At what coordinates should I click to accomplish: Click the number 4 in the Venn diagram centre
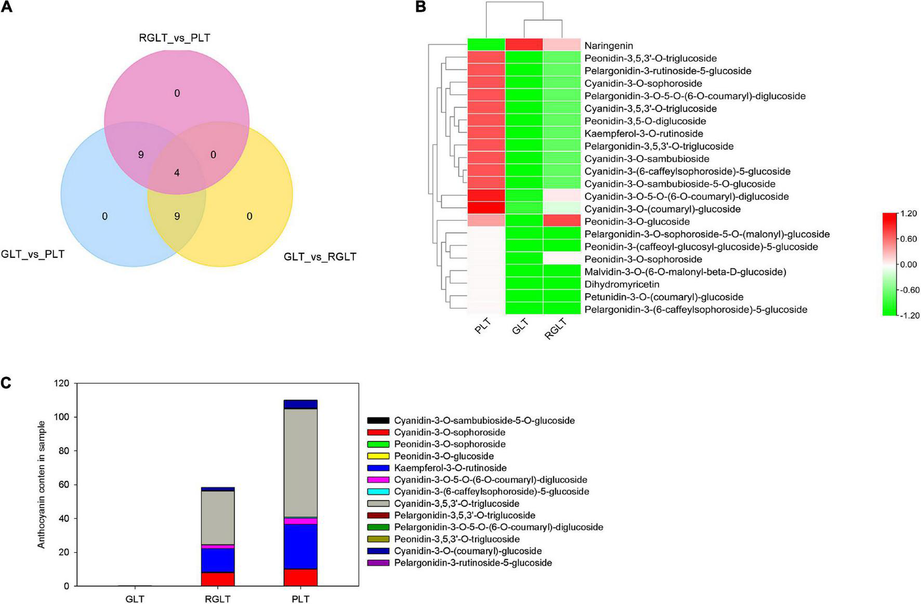point(177,173)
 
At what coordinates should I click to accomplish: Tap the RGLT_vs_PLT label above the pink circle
point(175,38)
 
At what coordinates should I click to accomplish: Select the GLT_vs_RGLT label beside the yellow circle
point(320,257)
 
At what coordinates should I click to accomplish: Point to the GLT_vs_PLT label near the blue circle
point(33,254)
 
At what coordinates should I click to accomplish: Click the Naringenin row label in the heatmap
point(609,46)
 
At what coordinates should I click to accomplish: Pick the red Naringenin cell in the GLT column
point(524,45)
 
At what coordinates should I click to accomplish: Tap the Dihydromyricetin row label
point(622,284)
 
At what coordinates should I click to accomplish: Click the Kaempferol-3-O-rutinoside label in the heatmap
point(643,134)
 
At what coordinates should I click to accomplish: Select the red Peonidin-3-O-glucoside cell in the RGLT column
point(562,221)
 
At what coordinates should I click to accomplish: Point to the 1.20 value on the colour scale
point(909,214)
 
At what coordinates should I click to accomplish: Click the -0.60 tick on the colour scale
point(909,290)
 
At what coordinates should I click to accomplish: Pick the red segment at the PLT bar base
point(300,577)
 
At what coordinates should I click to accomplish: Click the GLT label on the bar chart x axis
point(135,599)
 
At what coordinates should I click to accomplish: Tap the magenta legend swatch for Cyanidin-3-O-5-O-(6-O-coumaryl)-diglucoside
point(378,480)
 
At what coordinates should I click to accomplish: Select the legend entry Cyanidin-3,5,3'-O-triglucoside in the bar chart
point(456,504)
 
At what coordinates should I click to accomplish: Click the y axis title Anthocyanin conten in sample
point(42,484)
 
